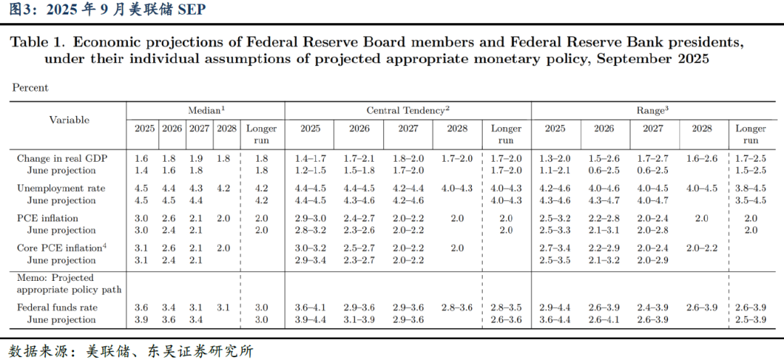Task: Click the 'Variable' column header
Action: pyautogui.click(x=70, y=120)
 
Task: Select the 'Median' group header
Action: pyautogui.click(x=206, y=110)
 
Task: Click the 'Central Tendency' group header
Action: pyautogui.click(x=408, y=110)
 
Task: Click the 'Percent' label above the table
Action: pyautogui.click(x=30, y=88)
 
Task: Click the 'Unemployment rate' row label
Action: pyautogui.click(x=60, y=188)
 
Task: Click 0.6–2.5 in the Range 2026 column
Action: pyautogui.click(x=603, y=171)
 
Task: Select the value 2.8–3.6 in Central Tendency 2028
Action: pyautogui.click(x=457, y=308)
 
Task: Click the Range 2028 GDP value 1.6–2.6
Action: pyautogui.click(x=701, y=158)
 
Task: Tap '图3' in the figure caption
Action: pyautogui.click(x=17, y=9)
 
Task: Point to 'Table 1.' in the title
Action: pyautogui.click(x=37, y=42)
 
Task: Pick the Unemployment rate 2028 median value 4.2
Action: pyautogui.click(x=225, y=188)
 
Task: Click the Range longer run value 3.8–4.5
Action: pyautogui.click(x=751, y=188)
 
